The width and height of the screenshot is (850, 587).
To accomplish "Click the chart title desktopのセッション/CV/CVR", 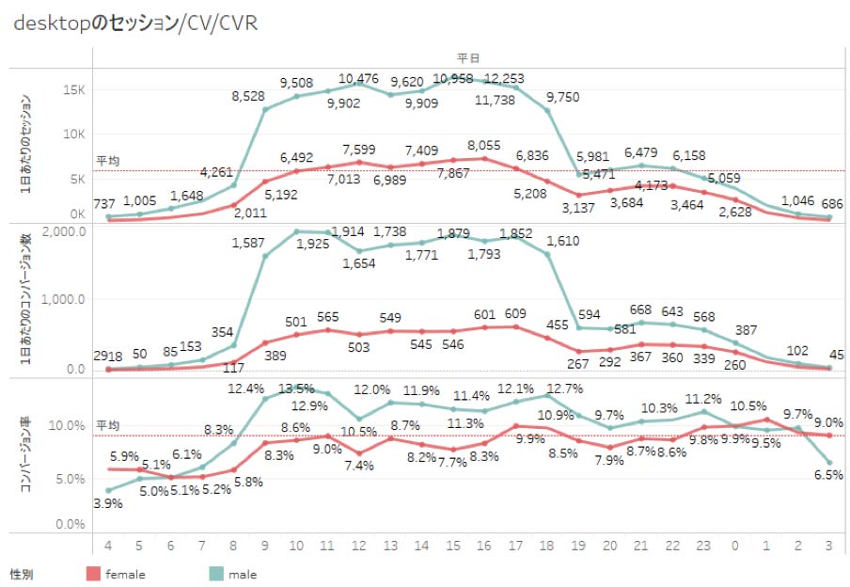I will coord(135,24).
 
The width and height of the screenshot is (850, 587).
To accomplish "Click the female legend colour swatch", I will coord(92,573).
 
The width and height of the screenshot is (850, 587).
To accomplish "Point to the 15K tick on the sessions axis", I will coord(75,90).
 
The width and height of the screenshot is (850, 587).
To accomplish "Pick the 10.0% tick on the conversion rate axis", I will coord(67,426).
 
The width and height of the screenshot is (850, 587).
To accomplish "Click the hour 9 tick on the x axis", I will coord(266,545).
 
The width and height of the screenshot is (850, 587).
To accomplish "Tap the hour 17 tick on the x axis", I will coord(515,545).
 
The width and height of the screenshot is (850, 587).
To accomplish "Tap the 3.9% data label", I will coord(108,504).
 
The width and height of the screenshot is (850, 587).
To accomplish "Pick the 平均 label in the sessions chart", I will coord(108,162).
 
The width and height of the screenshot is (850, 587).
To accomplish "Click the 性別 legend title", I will coord(23,573).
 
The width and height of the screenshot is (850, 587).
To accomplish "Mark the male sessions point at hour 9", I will coord(266,110).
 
